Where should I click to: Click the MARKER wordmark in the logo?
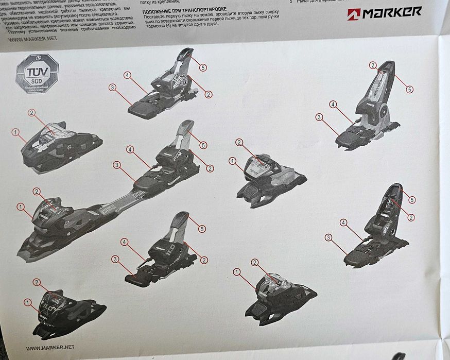coord(392,12)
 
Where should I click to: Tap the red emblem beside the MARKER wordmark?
coord(354,14)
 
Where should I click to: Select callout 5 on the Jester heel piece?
coord(410,89)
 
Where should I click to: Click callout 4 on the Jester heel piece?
coord(333,105)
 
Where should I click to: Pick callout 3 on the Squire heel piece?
coord(328,237)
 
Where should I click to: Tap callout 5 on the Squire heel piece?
coord(411,199)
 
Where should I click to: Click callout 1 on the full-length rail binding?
coord(21,207)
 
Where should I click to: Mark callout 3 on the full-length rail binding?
coord(117,165)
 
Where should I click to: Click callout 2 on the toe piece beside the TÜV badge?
coord(31,112)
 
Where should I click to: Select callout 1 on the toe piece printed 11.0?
coord(27,302)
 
